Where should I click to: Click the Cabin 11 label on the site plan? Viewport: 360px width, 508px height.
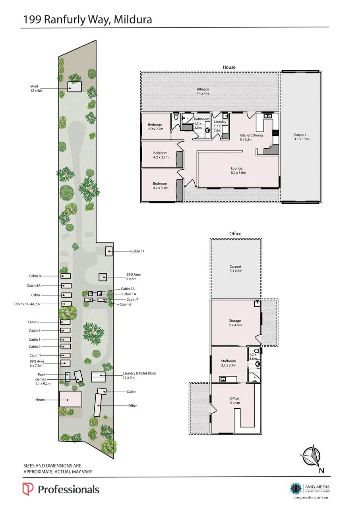138,251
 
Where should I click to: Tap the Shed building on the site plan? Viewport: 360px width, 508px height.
74,87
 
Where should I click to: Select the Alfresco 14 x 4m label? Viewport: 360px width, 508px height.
203,91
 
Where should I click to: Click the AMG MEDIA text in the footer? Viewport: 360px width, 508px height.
317,487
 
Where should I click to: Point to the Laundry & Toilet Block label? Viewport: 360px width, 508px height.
139,373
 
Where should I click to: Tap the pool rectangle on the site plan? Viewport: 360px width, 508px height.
68,377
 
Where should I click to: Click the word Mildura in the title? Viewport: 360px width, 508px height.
133,19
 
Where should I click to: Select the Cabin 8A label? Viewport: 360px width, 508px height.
33,286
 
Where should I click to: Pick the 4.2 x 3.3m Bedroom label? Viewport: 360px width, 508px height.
161,185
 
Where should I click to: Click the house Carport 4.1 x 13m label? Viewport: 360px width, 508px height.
301,137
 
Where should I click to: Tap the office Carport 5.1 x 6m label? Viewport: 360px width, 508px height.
235,268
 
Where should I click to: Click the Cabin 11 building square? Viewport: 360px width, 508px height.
108,251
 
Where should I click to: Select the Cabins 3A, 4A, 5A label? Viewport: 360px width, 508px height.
27,304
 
